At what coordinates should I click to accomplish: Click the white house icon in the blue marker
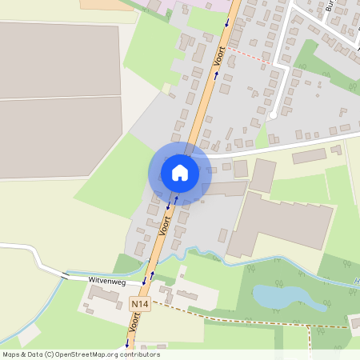[x=179, y=172]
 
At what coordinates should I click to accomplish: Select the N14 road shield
[x=140, y=305]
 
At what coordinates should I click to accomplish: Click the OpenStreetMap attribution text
[x=81, y=354]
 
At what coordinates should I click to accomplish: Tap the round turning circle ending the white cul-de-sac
[x=273, y=115]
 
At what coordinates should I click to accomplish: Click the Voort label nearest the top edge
[x=219, y=55]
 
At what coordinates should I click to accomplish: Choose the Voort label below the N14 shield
[x=135, y=325]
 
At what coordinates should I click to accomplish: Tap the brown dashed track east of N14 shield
[x=232, y=314]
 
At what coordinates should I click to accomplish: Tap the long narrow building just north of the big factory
[x=226, y=189]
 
